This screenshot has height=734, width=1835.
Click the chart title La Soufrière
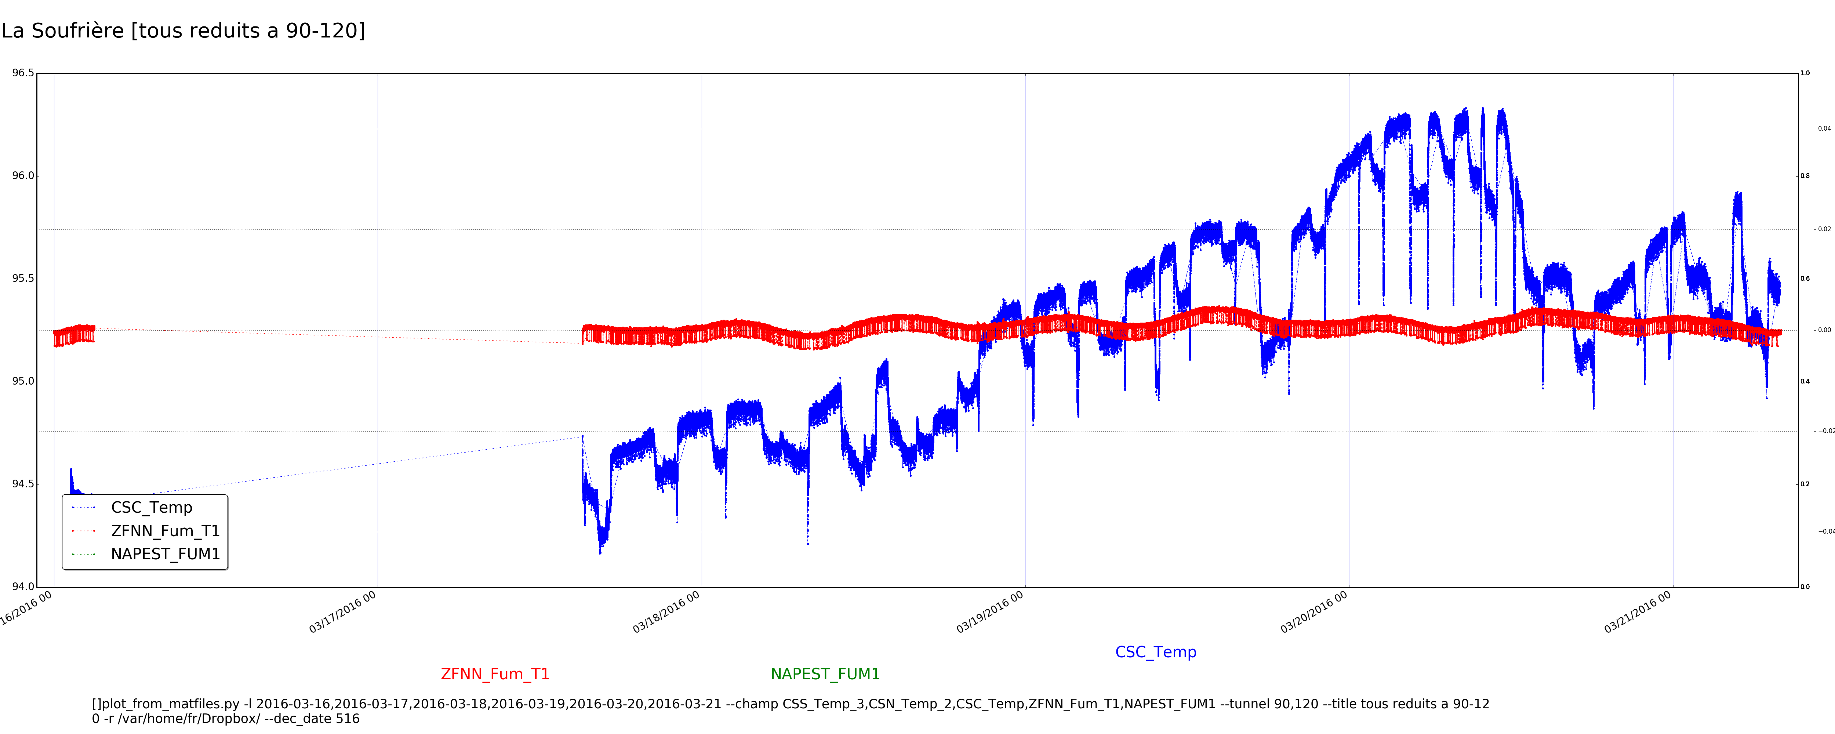click(x=63, y=30)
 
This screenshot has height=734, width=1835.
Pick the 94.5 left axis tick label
click(x=23, y=484)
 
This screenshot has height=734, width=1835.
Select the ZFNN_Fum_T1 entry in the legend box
click(x=165, y=531)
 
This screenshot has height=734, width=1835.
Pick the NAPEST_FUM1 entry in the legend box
click(x=165, y=555)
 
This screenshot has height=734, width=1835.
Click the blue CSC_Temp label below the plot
click(x=1155, y=652)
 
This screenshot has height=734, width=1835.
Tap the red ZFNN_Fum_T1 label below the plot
click(x=495, y=674)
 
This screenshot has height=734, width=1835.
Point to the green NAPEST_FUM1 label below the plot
click(x=825, y=674)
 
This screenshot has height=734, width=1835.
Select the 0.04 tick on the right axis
click(x=1824, y=129)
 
